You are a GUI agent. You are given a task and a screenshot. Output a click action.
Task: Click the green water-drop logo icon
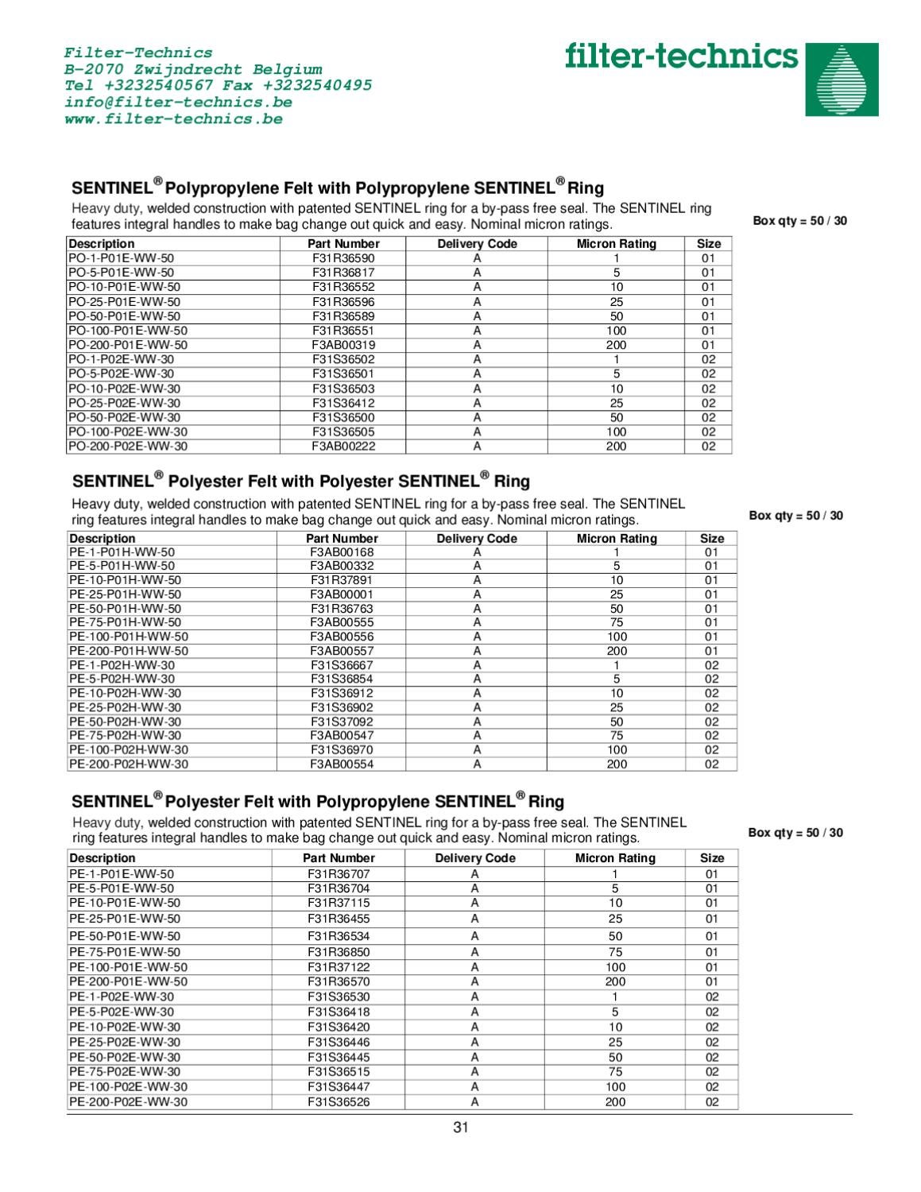(842, 79)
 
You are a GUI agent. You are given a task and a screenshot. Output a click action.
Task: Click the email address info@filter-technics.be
(178, 103)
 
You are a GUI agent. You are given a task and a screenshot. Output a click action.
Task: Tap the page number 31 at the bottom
(461, 1127)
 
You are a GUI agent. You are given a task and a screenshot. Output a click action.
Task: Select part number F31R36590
(343, 258)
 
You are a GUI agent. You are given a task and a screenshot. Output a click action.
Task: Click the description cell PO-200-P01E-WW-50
(128, 345)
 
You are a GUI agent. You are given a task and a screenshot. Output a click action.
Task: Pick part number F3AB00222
(343, 447)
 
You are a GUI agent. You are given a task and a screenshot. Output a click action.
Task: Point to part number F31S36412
(343, 403)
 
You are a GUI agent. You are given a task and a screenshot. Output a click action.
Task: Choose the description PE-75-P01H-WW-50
(125, 622)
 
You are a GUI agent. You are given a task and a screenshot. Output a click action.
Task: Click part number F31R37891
(342, 580)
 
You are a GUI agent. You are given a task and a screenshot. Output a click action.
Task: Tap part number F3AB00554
(342, 764)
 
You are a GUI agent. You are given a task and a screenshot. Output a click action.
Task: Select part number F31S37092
(342, 722)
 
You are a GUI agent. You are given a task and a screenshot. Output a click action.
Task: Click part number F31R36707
(339, 873)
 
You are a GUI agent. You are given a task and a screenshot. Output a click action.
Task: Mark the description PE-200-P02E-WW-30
(129, 1102)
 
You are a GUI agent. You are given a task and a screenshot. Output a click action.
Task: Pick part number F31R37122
(339, 967)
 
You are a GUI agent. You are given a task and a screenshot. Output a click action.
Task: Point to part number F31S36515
(339, 1071)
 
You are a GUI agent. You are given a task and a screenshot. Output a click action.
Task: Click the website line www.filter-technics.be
(173, 119)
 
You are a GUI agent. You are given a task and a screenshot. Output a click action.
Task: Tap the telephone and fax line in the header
(218, 86)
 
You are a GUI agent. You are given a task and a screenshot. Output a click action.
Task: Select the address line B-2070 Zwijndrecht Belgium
(193, 69)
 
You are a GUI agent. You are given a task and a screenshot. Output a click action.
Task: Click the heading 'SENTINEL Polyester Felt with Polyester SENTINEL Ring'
(301, 482)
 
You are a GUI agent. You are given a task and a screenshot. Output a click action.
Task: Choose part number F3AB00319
(343, 345)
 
